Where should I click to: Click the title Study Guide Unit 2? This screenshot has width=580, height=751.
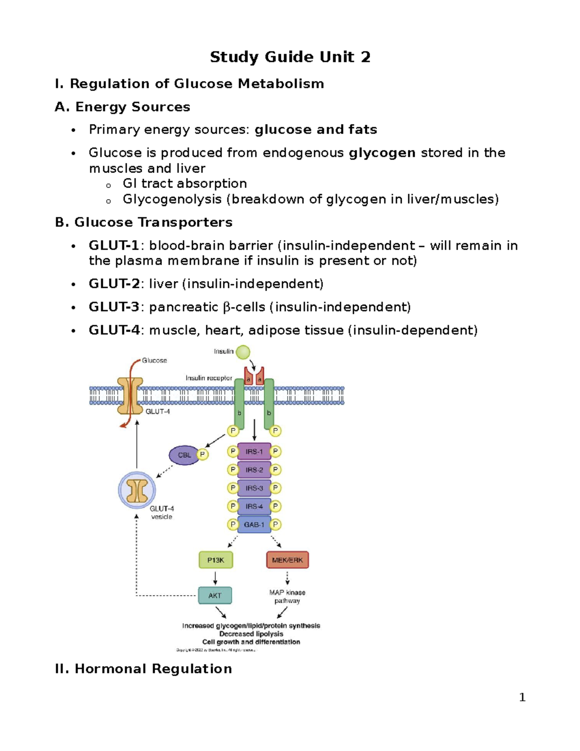[290, 57]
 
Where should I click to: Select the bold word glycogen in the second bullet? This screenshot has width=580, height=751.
[382, 153]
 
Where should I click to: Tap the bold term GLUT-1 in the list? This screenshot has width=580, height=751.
[114, 246]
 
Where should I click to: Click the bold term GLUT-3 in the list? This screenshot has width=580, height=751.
[114, 307]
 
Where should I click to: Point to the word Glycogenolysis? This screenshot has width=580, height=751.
[172, 199]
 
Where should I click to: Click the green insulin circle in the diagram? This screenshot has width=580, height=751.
[243, 352]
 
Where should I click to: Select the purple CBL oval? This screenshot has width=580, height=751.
[184, 455]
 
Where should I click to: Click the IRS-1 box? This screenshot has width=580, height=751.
[254, 452]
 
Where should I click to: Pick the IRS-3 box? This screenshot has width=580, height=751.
[254, 488]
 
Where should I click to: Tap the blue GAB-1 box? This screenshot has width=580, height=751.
[254, 525]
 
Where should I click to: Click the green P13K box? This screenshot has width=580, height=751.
[216, 560]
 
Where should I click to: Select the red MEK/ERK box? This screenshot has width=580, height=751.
[288, 560]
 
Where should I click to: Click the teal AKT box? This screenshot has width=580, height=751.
[215, 596]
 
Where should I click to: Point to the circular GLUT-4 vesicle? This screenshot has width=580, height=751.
[137, 490]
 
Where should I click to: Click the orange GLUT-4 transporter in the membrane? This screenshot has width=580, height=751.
[130, 396]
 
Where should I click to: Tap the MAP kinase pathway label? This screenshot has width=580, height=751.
[287, 597]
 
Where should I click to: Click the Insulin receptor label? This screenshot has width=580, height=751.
[209, 378]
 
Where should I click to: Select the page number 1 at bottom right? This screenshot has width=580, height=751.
[522, 697]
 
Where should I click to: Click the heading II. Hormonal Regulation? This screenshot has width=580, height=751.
[144, 669]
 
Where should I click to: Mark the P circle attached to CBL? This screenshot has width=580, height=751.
[203, 455]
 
